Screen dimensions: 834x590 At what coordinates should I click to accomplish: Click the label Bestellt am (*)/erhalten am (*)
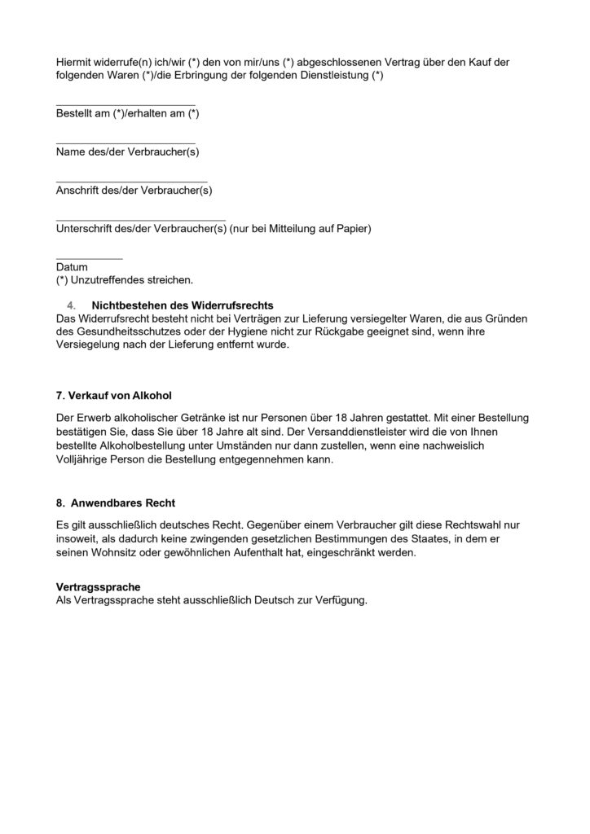coord(127,114)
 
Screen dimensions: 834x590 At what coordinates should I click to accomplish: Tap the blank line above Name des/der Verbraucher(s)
coord(125,143)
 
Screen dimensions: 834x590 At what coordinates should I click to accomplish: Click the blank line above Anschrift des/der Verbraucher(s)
coord(131,181)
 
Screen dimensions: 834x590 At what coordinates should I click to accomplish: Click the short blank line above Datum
coord(89,258)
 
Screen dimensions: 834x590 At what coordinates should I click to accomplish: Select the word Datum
coord(72,267)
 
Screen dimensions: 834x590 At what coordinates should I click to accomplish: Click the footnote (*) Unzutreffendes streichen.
coord(125,280)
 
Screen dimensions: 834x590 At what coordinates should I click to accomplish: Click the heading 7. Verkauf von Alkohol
coord(113,395)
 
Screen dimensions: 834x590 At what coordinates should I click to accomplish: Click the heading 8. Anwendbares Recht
coord(116,503)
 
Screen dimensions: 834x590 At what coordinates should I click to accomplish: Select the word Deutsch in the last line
coord(276,600)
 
